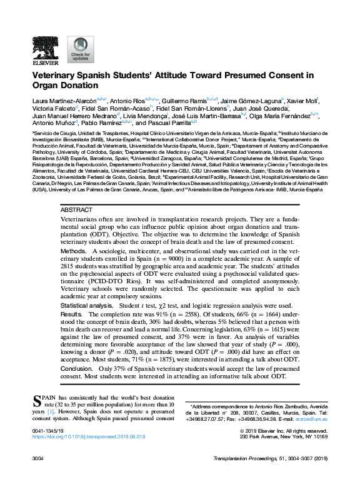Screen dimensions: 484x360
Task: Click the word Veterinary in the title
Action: click(57, 75)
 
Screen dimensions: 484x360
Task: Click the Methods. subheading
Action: click(73, 250)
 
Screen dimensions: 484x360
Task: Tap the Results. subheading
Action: click(71, 313)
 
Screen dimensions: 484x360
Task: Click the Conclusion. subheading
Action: click(77, 369)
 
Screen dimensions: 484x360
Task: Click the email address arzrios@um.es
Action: click(312, 418)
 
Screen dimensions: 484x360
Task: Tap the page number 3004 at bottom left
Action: click(38, 458)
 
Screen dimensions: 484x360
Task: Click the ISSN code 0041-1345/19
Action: click(47, 431)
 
